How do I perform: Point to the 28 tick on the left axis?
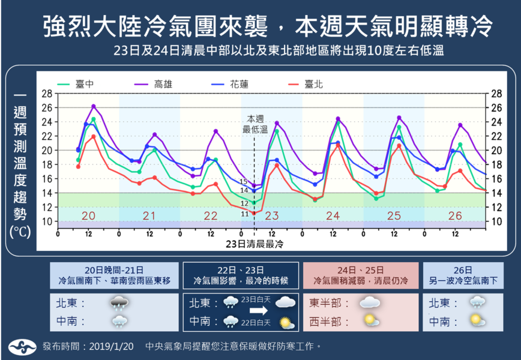(x=47, y=94)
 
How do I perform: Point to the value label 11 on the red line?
(x=244, y=214)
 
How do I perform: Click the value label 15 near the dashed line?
(x=244, y=181)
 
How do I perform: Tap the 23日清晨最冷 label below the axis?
(x=254, y=245)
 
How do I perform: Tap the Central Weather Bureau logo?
(x=23, y=346)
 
